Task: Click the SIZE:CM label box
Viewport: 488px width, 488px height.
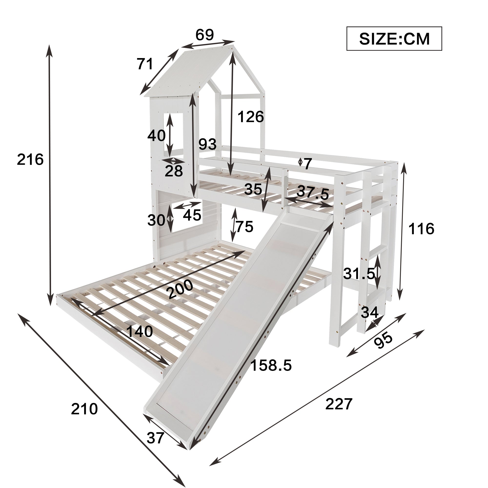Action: (x=394, y=39)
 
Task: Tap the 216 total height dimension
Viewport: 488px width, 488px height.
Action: (x=30, y=160)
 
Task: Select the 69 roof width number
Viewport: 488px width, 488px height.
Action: (x=205, y=35)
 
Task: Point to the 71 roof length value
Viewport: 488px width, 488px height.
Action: (x=145, y=64)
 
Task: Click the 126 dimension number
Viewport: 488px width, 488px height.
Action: (x=251, y=117)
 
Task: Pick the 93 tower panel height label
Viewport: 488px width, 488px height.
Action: (x=207, y=144)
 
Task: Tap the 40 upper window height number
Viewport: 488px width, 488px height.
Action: (x=156, y=135)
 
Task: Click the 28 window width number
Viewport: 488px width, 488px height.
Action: (x=174, y=171)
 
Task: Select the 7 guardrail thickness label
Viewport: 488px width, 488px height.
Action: (x=307, y=164)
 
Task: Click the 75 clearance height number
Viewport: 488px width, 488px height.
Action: (x=244, y=226)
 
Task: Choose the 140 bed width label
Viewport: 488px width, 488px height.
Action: (x=139, y=331)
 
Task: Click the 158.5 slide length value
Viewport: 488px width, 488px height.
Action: (x=271, y=365)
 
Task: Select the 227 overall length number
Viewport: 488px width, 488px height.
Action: (x=339, y=404)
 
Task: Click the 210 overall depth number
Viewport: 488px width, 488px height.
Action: (x=84, y=409)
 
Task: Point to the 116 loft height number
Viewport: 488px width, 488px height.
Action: (x=421, y=229)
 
